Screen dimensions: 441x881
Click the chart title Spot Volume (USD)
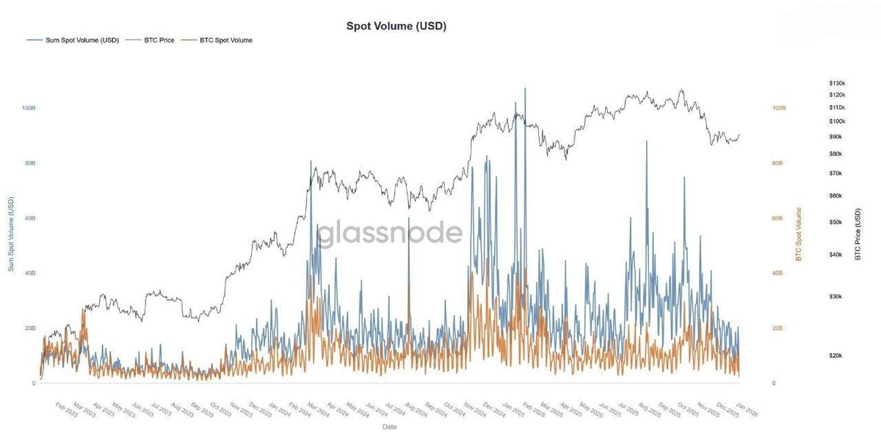pyautogui.click(x=396, y=26)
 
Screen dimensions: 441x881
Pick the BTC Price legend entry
pyautogui.click(x=159, y=40)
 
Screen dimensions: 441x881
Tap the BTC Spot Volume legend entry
pyautogui.click(x=225, y=40)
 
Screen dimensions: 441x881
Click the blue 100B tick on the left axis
pyautogui.click(x=29, y=108)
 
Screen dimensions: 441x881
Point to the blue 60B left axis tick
pyautogui.click(x=29, y=218)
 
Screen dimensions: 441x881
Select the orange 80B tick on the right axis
pyautogui.click(x=779, y=163)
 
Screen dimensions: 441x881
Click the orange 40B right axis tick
pyautogui.click(x=779, y=273)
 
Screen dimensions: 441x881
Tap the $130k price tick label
pyautogui.click(x=836, y=83)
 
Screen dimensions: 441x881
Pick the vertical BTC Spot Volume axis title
pyautogui.click(x=799, y=234)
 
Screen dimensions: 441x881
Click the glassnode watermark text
pyautogui.click(x=389, y=233)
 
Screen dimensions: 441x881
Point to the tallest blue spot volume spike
pyautogui.click(x=525, y=89)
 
